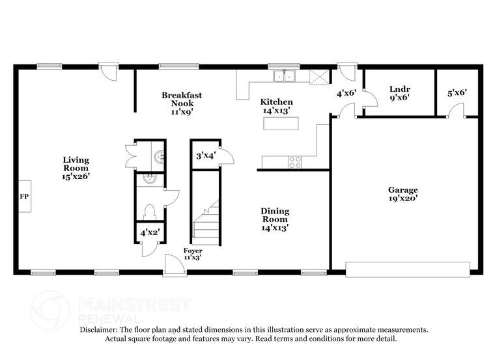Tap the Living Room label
(x=76, y=167)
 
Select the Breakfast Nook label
(x=182, y=103)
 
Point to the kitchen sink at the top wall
(x=284, y=77)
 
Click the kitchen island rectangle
(x=281, y=122)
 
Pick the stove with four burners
(x=295, y=161)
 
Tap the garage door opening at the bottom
(x=407, y=270)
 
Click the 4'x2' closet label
(x=148, y=231)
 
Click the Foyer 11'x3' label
(x=192, y=254)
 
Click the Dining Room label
(x=275, y=219)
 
